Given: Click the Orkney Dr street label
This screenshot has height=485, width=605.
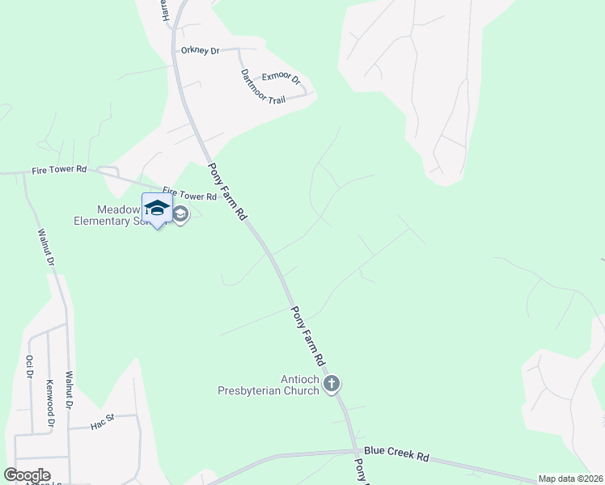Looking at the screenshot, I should [200, 51].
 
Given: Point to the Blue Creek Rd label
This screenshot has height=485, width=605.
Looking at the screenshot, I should [396, 455].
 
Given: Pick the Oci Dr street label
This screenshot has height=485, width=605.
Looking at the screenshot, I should [29, 366].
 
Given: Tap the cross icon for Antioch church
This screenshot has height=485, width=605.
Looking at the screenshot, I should [331, 385].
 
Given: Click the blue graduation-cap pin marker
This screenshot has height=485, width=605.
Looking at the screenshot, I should [157, 208].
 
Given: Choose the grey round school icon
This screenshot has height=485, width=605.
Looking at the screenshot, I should [180, 215].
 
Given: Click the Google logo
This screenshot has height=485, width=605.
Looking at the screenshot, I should [27, 475].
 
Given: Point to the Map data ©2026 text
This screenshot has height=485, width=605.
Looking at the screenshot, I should [570, 479].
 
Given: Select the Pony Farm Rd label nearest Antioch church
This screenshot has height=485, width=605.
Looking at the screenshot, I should [308, 334].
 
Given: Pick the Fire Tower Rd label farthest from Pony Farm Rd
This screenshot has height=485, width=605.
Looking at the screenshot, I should [59, 170].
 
